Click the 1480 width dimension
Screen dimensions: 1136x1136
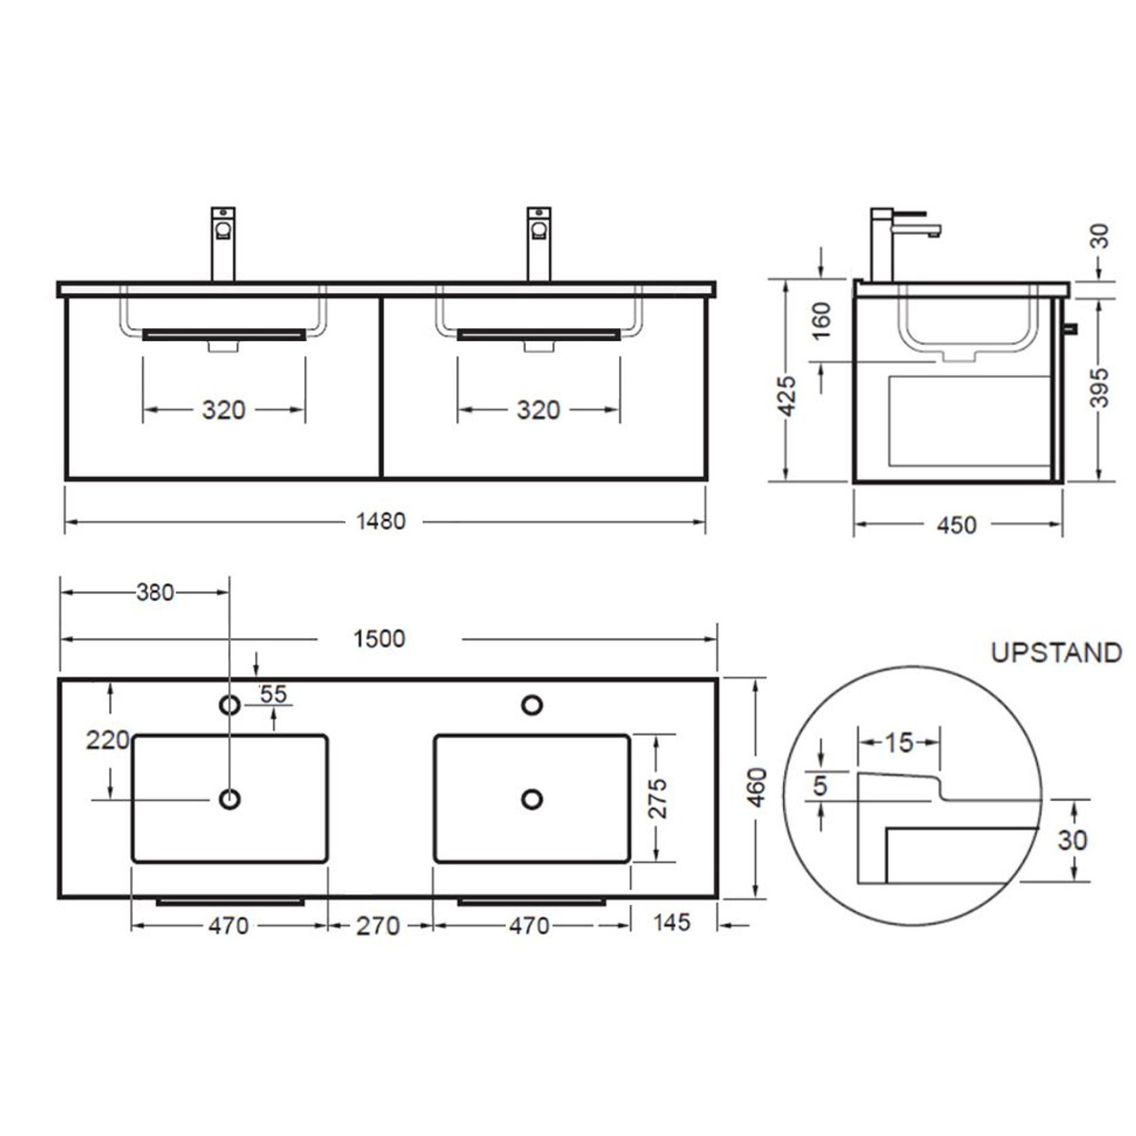tap(381, 521)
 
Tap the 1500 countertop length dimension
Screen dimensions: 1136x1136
tap(380, 638)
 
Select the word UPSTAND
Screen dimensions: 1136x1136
tap(1056, 653)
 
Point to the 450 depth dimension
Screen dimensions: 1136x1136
tap(956, 525)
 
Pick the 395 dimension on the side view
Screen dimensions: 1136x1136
tap(1099, 388)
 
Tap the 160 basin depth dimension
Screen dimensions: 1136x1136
tap(820, 321)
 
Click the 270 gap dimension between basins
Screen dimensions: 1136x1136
tap(378, 926)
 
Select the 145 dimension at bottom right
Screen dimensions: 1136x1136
tap(672, 922)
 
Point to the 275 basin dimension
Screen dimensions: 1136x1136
tap(657, 798)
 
